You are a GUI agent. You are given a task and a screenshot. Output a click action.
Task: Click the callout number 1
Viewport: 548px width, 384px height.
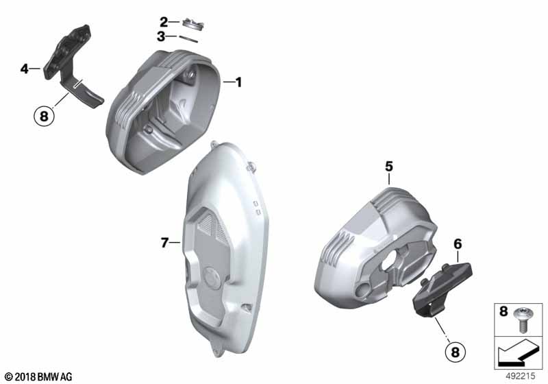[x=238, y=82]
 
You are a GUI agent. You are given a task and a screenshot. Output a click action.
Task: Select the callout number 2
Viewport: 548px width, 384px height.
[x=164, y=22]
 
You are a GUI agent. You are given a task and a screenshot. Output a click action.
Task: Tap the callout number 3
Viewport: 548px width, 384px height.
[x=161, y=36]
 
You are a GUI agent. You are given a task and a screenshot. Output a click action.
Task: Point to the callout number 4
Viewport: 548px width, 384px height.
[x=24, y=69]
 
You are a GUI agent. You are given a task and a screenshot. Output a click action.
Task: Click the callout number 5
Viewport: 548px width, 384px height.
[x=389, y=167]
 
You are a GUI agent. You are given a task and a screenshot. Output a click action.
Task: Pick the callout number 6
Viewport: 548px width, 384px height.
[x=458, y=243]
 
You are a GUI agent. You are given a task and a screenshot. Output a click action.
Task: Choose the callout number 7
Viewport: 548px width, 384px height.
[x=164, y=242]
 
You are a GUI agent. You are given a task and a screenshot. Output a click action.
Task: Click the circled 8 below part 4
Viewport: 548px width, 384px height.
[x=44, y=115]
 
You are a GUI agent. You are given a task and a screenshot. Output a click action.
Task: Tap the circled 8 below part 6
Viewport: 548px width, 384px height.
[x=455, y=352]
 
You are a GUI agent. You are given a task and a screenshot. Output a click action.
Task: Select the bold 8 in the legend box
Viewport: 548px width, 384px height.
[x=503, y=311]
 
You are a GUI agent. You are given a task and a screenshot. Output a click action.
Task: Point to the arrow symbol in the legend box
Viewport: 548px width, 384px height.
[x=518, y=352]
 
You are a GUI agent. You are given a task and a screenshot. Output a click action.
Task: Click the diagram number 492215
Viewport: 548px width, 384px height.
[x=521, y=376]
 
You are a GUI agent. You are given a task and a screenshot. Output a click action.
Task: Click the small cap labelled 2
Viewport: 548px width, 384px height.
[x=193, y=24]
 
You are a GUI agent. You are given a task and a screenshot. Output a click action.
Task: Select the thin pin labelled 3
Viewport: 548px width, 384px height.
[x=188, y=39]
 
